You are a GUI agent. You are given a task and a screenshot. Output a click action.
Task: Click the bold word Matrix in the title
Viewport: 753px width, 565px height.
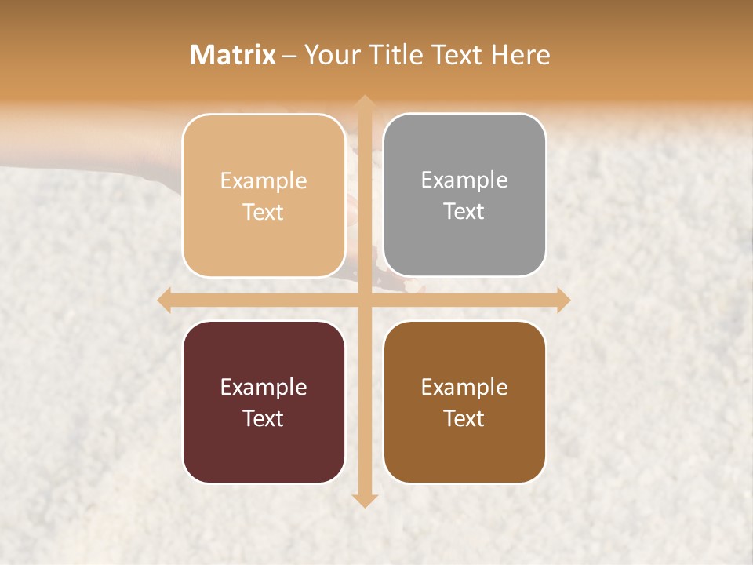[233, 55]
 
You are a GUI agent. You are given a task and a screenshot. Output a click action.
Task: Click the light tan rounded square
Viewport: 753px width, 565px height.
[264, 195]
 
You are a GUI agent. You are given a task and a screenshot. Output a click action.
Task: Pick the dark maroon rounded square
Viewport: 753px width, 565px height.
[264, 402]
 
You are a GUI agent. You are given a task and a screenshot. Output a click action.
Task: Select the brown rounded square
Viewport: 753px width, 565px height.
[464, 402]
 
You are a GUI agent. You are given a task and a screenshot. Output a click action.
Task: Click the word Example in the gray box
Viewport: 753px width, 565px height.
[464, 180]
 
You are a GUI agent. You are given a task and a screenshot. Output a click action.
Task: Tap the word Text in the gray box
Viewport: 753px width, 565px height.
[464, 212]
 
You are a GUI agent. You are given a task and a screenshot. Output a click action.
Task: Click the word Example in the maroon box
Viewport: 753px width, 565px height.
[264, 387]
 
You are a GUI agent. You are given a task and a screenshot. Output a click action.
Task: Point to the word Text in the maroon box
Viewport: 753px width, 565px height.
[264, 418]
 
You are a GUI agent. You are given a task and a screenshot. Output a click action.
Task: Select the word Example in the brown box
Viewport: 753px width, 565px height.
[464, 387]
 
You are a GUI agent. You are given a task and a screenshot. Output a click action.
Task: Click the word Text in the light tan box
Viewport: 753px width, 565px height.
[264, 213]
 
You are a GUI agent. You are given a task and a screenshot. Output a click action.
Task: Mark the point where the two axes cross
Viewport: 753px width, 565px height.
[364, 301]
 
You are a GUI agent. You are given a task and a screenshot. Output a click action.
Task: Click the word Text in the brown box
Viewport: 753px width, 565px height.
[464, 418]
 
